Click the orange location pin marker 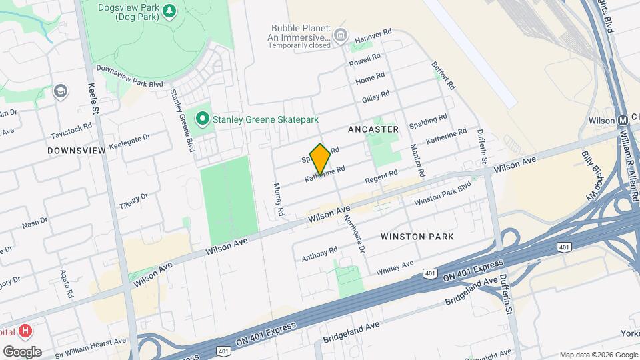click(320, 159)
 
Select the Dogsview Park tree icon click(169, 11)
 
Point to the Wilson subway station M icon click(621, 121)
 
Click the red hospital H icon click(25, 331)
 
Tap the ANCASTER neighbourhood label click(373, 129)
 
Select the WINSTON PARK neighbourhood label click(417, 237)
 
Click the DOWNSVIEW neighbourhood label click(77, 151)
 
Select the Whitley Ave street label click(395, 267)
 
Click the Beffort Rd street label click(443, 76)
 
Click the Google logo click(22, 352)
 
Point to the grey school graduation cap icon click(61, 91)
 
